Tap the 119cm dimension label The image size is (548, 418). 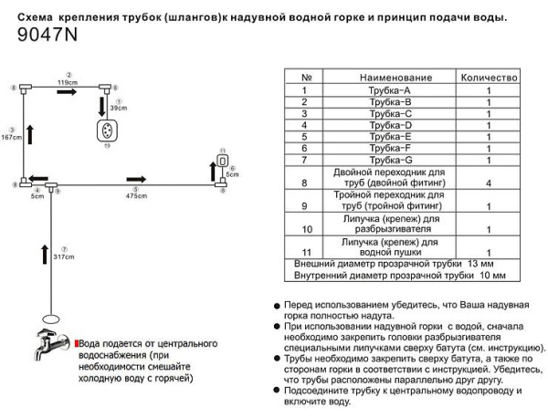[66, 82]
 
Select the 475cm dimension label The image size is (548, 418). [136, 195]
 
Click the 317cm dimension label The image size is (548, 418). [63, 256]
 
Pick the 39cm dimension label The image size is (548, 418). [117, 108]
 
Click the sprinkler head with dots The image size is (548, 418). [106, 129]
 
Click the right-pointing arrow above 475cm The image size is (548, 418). [136, 180]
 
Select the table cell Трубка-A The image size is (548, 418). [395, 90]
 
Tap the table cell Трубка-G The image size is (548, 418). [395, 160]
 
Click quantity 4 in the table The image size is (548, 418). [489, 183]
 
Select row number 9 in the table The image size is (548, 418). [306, 205]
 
